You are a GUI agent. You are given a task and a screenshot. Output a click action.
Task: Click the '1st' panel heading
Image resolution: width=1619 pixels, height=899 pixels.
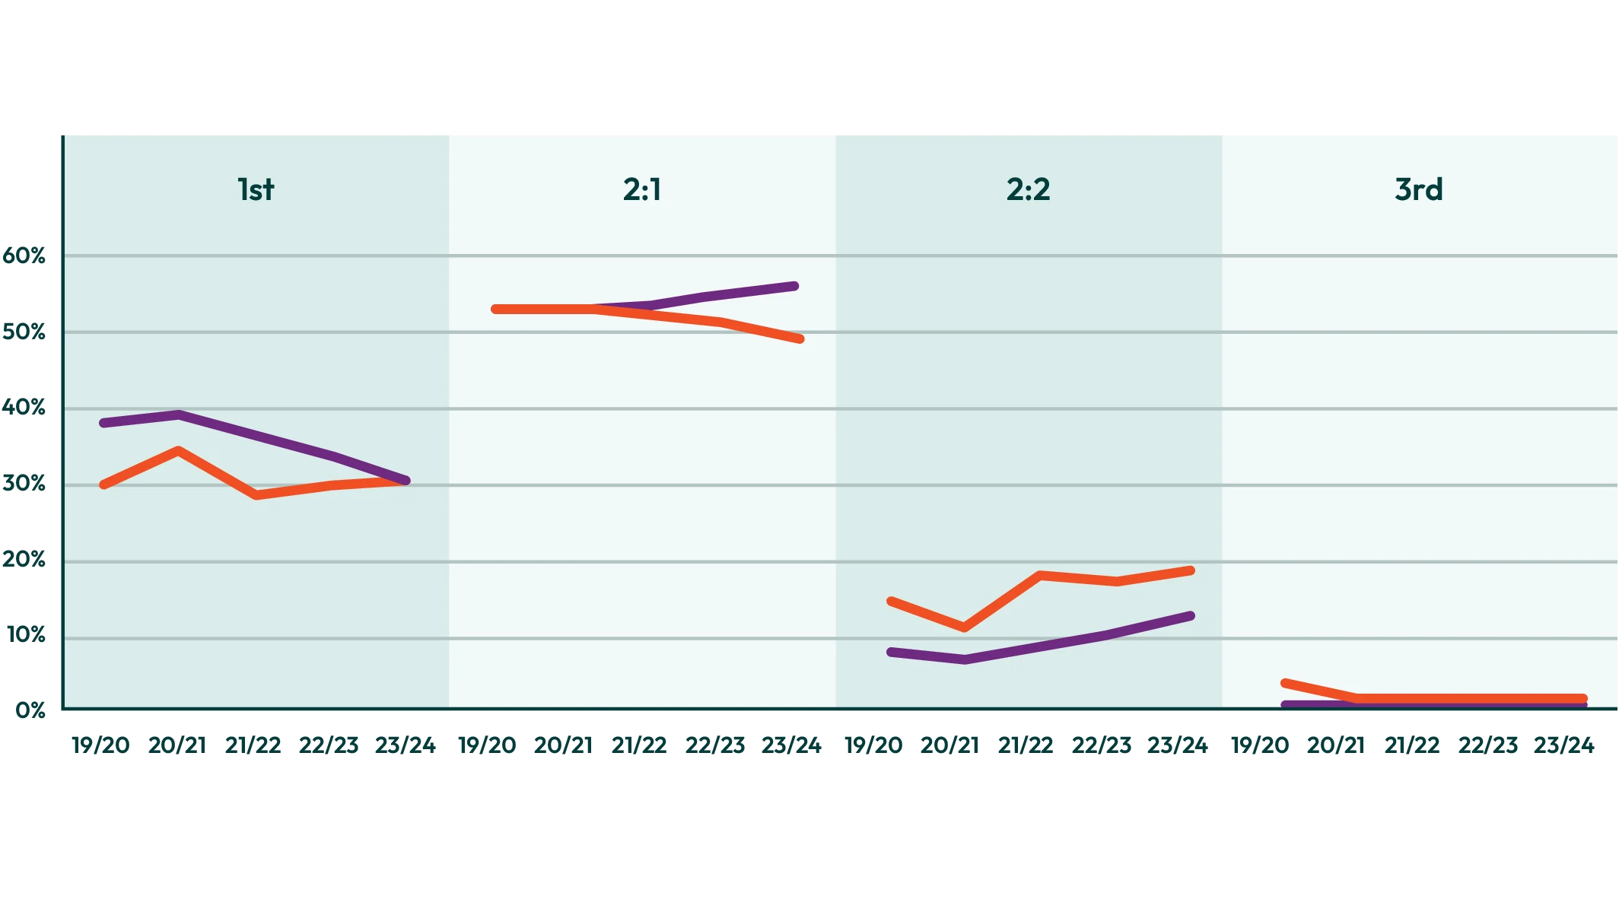tap(256, 189)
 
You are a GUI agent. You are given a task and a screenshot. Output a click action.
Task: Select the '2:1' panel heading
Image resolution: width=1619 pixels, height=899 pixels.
tap(642, 189)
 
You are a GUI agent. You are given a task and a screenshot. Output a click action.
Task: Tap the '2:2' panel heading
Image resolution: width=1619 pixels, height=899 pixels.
tap(1028, 189)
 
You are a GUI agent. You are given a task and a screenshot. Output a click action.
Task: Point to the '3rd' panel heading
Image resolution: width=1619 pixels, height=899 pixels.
tap(1418, 189)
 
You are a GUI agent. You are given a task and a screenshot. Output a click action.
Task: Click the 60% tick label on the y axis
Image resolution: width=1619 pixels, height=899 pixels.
tap(24, 256)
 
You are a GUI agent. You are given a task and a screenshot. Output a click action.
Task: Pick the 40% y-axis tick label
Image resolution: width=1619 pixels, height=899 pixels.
tap(24, 408)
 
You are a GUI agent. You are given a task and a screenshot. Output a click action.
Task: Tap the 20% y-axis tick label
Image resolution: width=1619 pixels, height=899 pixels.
tap(24, 561)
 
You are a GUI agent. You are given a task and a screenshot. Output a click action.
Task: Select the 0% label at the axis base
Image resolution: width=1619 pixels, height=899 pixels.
tap(29, 710)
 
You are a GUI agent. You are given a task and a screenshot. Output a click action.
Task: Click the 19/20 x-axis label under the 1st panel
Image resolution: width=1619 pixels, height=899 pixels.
tap(101, 745)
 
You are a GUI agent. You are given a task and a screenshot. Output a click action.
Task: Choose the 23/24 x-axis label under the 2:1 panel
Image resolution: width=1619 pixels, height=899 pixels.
tap(791, 745)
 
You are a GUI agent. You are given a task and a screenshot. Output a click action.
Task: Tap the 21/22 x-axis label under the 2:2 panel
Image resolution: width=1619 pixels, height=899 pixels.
tap(1026, 745)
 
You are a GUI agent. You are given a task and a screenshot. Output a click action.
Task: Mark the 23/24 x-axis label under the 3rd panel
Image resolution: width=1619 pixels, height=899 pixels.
tap(1563, 745)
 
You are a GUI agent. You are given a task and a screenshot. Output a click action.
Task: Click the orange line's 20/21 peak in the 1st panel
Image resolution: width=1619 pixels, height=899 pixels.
tap(178, 450)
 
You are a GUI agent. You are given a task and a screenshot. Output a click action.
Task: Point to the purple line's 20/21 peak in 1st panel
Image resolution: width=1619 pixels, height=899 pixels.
tap(179, 415)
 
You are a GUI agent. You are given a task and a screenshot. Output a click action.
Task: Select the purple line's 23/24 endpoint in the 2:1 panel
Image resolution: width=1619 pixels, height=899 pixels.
tap(794, 286)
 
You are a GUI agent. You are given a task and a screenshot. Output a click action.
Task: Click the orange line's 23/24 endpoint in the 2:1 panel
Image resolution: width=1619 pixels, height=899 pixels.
tap(800, 338)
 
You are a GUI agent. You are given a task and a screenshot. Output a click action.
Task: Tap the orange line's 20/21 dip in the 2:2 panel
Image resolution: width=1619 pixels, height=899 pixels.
tap(965, 627)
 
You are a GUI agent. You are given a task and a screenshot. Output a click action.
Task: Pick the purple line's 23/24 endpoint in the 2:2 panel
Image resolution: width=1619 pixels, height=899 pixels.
tap(1191, 616)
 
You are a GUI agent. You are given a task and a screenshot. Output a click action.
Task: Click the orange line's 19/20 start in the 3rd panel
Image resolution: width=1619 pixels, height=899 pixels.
tap(1285, 683)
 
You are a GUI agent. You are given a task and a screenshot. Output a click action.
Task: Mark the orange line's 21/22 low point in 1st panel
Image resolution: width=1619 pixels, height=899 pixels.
tap(256, 495)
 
